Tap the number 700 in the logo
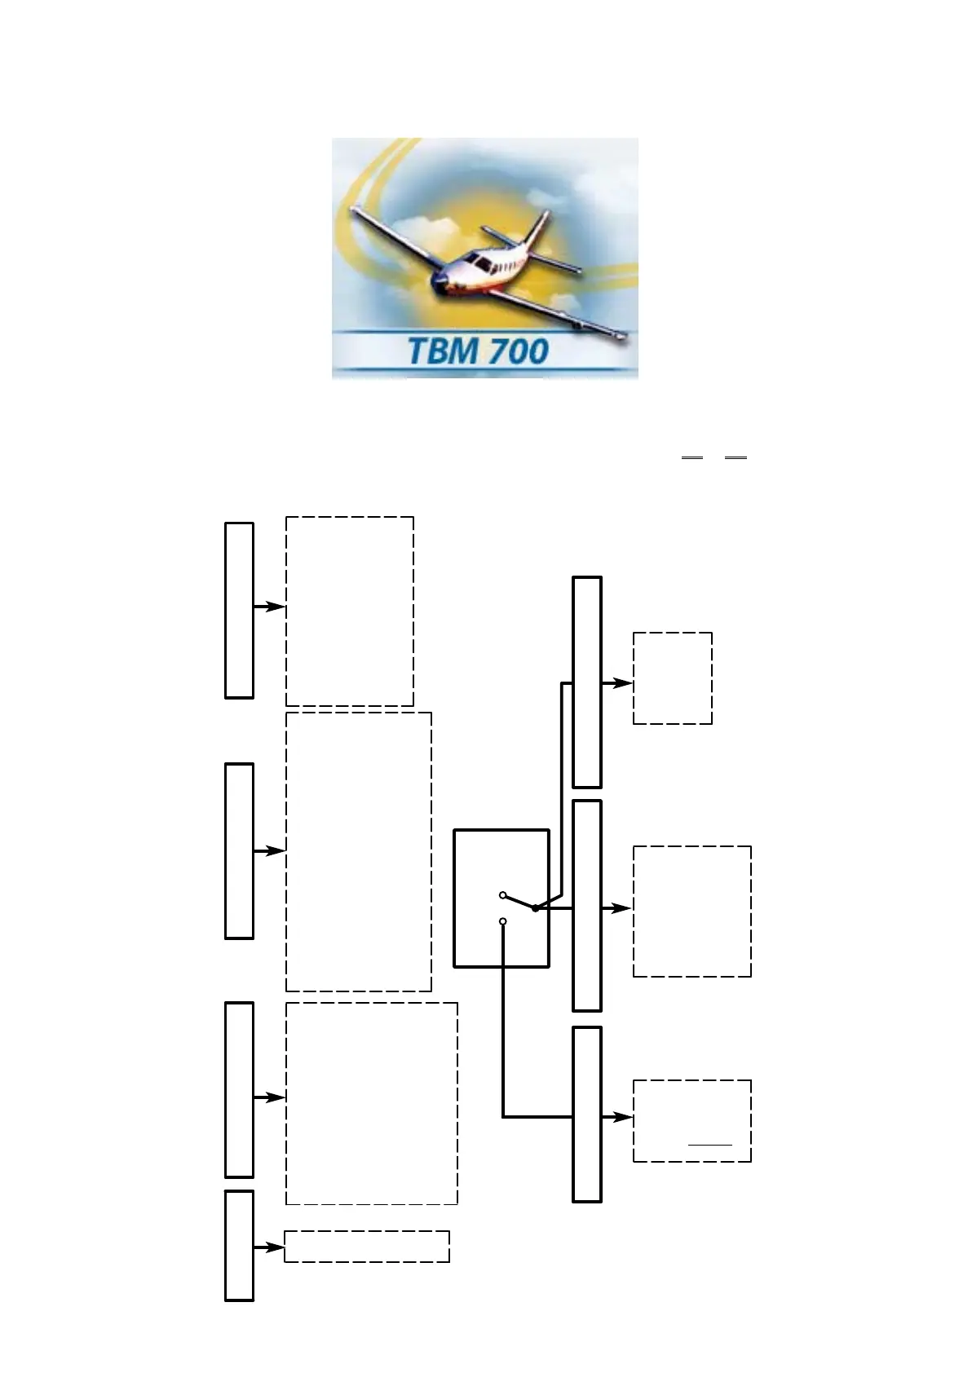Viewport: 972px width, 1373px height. [513, 352]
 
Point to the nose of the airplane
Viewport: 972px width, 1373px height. [439, 285]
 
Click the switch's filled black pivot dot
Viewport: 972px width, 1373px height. [535, 907]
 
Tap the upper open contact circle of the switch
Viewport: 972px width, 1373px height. [503, 895]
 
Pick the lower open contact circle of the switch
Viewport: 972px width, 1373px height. [503, 921]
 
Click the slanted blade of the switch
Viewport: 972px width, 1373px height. [519, 902]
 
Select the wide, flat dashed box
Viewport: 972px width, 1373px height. [367, 1247]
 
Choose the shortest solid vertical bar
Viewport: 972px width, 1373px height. [239, 1245]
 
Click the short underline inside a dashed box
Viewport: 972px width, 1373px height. [710, 1145]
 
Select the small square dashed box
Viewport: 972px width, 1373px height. [673, 678]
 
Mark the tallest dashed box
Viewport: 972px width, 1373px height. [359, 852]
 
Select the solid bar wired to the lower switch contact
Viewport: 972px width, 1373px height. [587, 1114]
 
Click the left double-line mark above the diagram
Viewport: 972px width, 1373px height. [691, 459]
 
